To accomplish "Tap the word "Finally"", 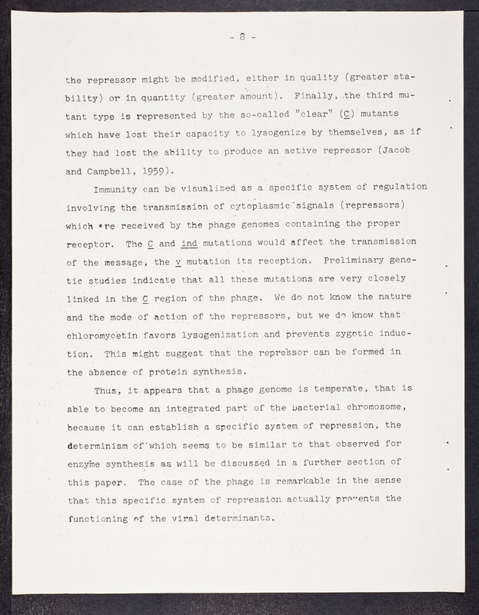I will pos(309,96).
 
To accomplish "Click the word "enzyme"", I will pos(88,463).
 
